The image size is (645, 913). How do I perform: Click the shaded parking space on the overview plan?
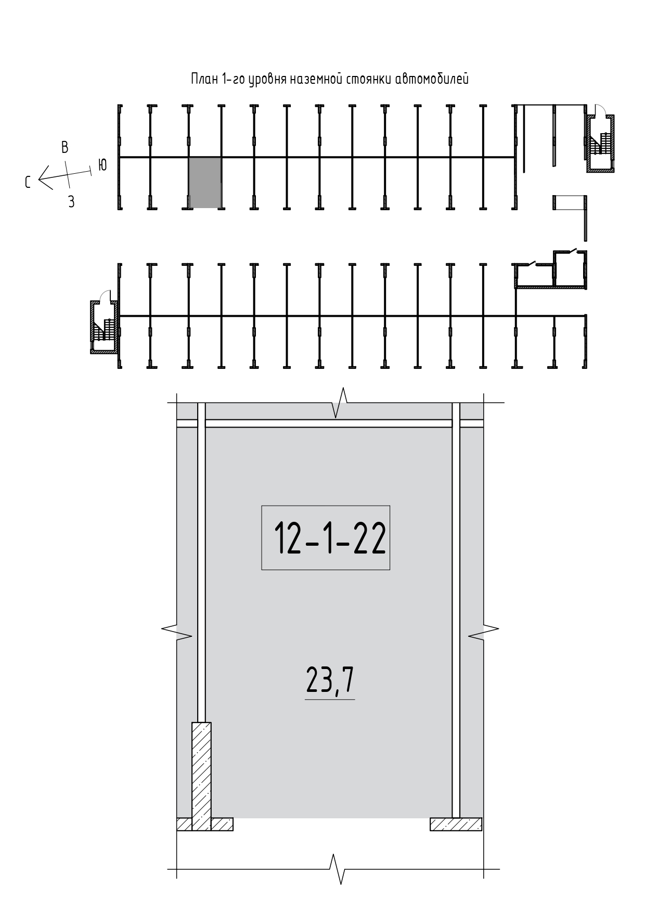coord(205,183)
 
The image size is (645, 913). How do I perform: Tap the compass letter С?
coord(28,182)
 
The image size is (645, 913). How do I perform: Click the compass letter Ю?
coord(102,165)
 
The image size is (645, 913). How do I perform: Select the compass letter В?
coord(65,147)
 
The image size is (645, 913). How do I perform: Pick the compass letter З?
coord(71,202)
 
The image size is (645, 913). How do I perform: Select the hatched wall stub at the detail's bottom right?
coord(456,825)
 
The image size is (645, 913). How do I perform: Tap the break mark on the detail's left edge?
coord(177,630)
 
